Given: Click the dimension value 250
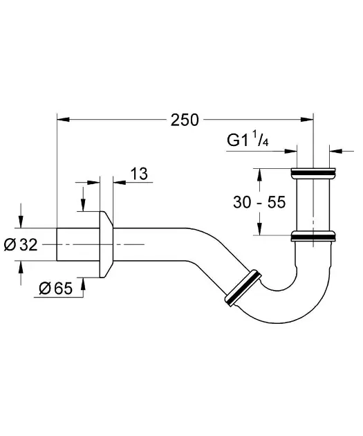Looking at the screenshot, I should coord(185,120).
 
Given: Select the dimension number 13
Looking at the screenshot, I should coord(139,174).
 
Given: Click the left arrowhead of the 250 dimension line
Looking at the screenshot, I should coord(62,120).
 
